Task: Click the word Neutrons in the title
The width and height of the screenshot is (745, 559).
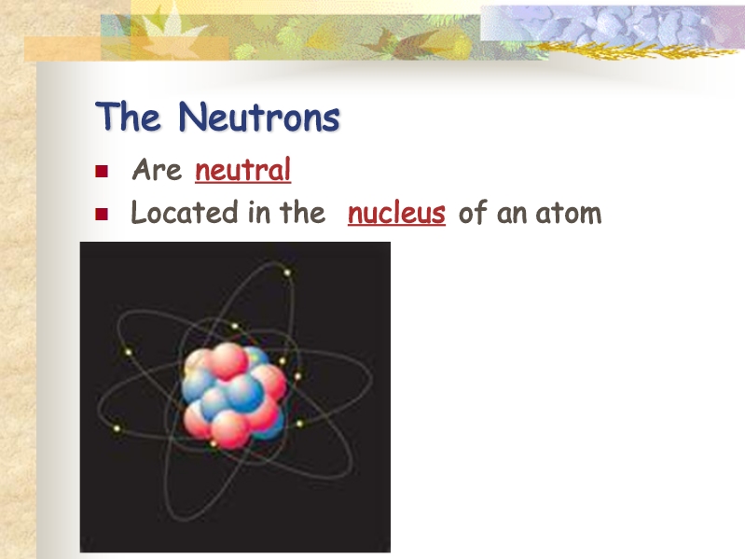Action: [259, 116]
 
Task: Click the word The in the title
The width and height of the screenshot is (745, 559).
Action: [128, 116]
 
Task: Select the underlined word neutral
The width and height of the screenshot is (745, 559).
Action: [242, 170]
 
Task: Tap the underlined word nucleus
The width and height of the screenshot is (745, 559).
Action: [396, 213]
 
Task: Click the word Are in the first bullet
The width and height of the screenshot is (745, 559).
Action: [157, 169]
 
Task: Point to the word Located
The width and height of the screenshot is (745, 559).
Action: [185, 212]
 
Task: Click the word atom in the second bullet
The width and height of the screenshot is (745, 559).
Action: [568, 213]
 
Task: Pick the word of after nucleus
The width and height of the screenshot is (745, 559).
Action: [473, 212]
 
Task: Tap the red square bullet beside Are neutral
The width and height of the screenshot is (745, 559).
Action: [102, 171]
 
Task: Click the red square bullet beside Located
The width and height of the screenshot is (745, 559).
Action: [102, 214]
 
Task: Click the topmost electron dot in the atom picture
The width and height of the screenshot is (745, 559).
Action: [287, 273]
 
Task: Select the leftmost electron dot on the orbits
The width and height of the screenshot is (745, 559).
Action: [117, 428]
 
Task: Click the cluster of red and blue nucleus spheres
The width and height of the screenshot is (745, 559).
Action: [235, 396]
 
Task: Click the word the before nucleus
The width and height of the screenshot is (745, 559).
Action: [303, 212]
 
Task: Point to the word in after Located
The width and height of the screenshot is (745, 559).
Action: [259, 212]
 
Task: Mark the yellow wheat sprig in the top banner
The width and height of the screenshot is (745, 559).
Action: [632, 49]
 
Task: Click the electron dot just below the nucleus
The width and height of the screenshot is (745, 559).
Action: [214, 443]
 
